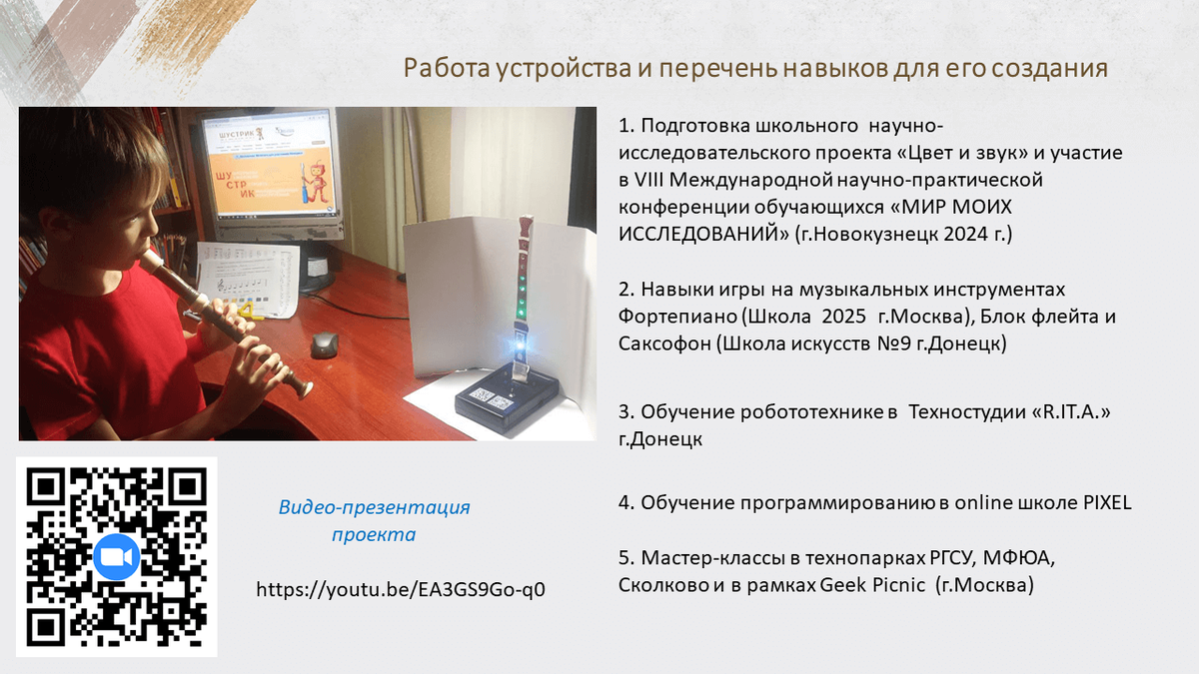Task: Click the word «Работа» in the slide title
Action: click(x=447, y=69)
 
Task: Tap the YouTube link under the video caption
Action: click(x=401, y=589)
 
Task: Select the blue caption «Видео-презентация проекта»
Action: click(x=374, y=520)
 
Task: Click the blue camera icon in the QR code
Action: click(x=116, y=557)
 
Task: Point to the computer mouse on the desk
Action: click(x=325, y=344)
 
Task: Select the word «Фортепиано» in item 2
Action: click(x=678, y=317)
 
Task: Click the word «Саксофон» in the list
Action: click(x=664, y=343)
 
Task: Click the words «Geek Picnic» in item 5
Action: click(x=872, y=585)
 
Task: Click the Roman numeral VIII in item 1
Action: click(x=648, y=181)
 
